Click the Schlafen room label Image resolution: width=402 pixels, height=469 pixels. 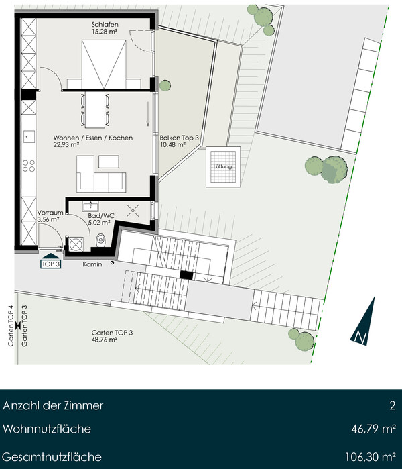coord(105,25)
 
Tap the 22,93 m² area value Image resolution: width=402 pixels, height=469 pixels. coord(66,145)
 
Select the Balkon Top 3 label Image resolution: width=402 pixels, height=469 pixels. coord(179,138)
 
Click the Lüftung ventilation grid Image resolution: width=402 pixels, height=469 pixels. coord(223,166)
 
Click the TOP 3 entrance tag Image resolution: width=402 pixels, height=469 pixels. coord(51,264)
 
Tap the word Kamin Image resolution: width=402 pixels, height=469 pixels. coord(92,264)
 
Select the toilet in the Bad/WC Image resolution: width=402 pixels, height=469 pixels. coord(100,240)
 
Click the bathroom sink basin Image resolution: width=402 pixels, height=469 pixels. coord(90,206)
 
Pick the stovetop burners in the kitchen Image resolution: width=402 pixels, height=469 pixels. coord(29,166)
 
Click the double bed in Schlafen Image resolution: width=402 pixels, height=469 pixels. coord(104,64)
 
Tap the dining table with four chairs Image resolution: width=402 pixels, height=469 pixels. coord(95,110)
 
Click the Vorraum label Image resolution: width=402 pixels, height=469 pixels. coord(50,213)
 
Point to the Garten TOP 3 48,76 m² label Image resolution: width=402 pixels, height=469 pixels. coord(112,336)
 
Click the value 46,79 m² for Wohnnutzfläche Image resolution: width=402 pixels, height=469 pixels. coord(374,429)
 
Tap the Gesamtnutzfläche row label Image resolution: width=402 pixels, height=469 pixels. coord(52,457)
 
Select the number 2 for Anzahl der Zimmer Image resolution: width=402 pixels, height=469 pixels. coord(393,405)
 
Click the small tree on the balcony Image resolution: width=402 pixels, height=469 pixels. coord(165,85)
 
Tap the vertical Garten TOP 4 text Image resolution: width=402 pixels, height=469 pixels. coord(11,325)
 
